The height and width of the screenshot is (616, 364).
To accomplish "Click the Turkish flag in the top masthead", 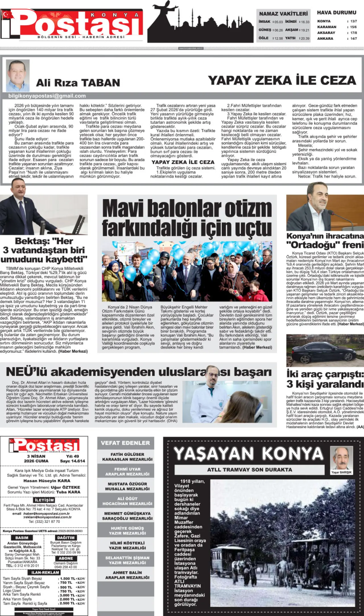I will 7,14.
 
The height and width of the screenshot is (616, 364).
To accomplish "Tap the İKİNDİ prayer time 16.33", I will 305,22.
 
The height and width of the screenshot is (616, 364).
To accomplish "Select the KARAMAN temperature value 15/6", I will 353,27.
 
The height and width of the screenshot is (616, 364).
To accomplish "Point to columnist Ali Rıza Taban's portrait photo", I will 18,75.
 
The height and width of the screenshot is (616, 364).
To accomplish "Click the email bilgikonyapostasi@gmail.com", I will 47,96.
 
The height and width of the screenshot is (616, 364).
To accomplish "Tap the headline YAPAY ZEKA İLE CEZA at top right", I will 282,80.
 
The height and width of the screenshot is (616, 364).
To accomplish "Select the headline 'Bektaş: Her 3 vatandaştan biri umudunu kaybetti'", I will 44,250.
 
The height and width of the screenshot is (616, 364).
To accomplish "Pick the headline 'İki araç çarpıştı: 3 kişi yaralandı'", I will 325,379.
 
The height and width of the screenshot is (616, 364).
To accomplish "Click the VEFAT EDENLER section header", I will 125,443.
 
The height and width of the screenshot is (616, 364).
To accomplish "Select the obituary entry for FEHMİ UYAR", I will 127,471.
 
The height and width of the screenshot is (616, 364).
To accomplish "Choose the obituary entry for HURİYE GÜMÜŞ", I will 127,531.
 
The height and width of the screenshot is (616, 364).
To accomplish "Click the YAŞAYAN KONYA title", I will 249,454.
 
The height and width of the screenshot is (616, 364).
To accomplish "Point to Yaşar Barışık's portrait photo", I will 341,458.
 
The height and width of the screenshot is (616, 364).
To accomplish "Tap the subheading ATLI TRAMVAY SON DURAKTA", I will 249,470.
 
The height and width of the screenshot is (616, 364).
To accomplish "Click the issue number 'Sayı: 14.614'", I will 73,461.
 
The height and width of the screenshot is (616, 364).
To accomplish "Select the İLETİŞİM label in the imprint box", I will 44,500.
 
